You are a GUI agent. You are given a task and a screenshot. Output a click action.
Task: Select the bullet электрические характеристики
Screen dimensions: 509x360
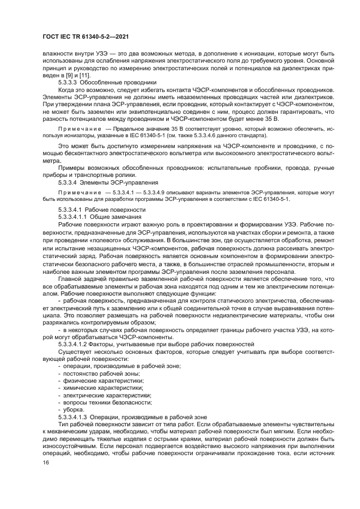click(x=106, y=395)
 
